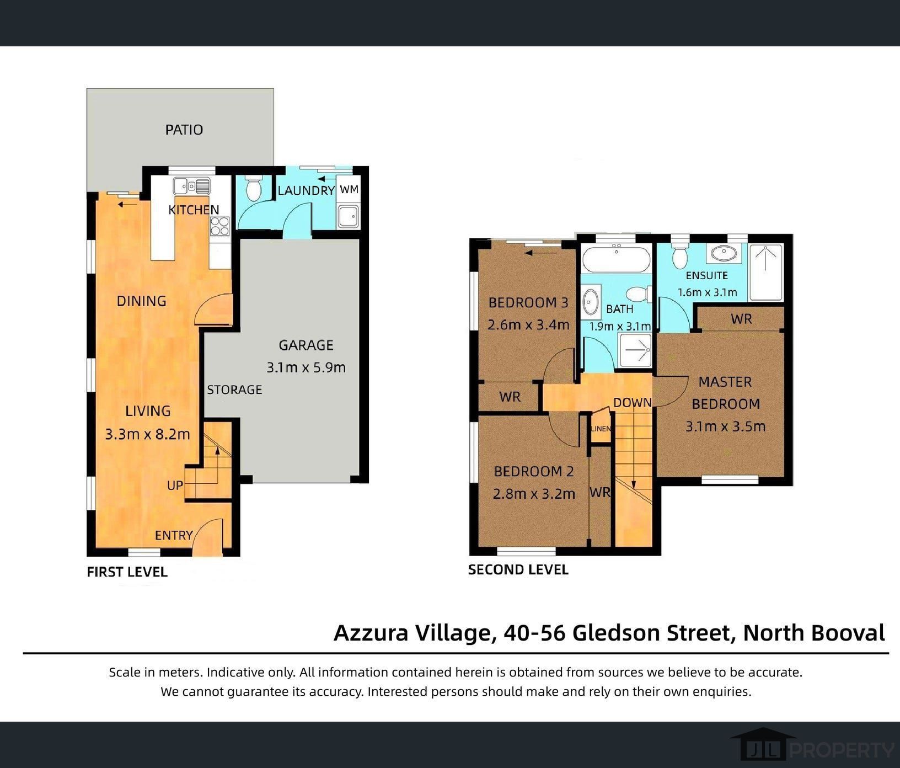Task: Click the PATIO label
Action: point(184,130)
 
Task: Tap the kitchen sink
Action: point(191,186)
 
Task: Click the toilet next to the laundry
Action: point(254,189)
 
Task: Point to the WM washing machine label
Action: point(349,189)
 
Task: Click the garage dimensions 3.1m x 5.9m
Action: point(306,367)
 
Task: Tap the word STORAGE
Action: point(234,390)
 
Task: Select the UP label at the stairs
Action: point(175,486)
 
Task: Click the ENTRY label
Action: point(174,535)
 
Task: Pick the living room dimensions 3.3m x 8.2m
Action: point(148,434)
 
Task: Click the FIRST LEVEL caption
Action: point(127,572)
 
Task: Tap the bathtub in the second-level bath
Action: point(617,259)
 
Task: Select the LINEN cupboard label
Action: point(601,429)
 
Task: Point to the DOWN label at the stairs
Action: point(632,403)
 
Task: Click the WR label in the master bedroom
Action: point(741,319)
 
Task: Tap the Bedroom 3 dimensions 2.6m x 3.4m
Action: point(528,325)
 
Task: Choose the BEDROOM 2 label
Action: point(534,471)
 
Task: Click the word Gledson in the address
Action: point(650,633)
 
